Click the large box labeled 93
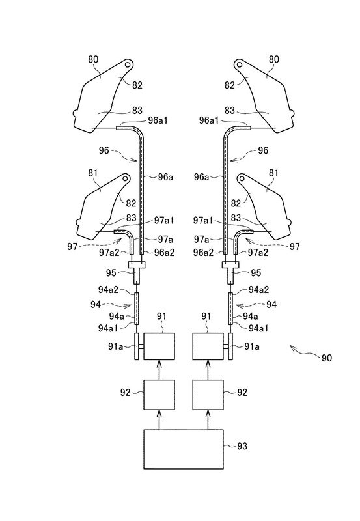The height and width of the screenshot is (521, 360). tap(184, 449)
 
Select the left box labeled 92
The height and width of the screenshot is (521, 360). tap(159, 395)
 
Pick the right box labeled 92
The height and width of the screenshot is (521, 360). tap(208, 395)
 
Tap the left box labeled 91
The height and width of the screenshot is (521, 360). tap(159, 346)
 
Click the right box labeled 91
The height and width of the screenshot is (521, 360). tap(208, 346)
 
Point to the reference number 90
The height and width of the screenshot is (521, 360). tap(326, 358)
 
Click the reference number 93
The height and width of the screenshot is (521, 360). tap(242, 446)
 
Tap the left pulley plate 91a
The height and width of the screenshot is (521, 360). tap(137, 346)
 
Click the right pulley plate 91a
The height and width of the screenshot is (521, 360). tap(230, 346)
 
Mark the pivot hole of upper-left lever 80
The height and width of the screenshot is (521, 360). tap(128, 64)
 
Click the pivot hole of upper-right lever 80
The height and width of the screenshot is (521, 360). tap(240, 64)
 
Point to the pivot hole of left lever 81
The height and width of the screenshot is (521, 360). tap(126, 178)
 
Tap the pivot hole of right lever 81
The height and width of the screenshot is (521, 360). tap(242, 178)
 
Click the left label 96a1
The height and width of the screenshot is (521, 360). tap(158, 120)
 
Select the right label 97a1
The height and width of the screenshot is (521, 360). tap(202, 220)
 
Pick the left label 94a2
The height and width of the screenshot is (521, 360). tap(108, 290)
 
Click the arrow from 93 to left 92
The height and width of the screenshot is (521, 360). tap(159, 419)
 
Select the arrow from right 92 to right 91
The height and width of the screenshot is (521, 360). tap(208, 370)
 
